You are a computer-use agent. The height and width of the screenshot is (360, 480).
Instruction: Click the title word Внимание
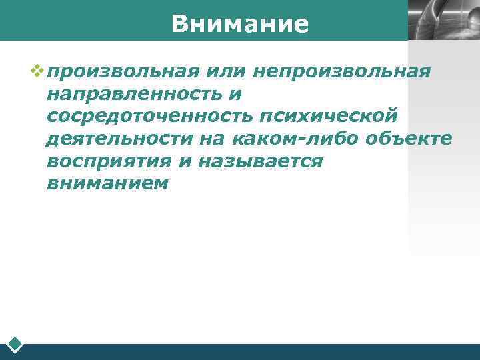pos(239,24)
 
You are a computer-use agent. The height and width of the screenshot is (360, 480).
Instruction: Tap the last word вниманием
pos(107,183)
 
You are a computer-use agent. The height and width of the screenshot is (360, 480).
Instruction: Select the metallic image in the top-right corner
pos(443,20)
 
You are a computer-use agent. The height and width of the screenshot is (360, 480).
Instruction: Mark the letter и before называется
pos(195,161)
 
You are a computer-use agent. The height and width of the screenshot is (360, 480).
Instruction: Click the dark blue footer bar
pos(253,351)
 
